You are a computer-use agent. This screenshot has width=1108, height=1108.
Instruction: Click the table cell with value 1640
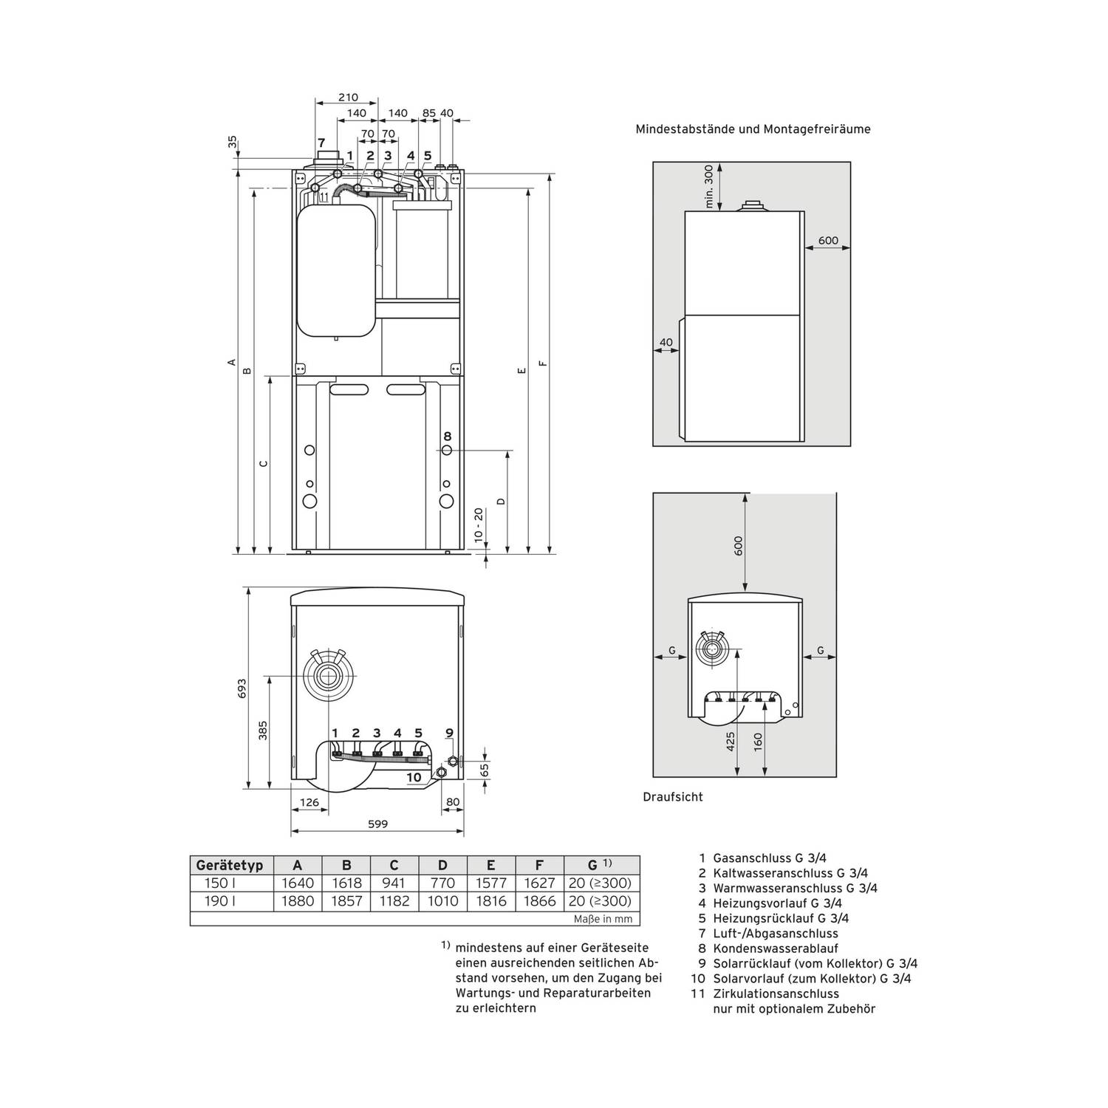tap(298, 883)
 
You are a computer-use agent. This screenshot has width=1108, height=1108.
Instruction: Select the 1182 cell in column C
tap(394, 901)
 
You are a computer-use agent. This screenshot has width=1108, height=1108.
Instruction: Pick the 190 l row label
tap(216, 901)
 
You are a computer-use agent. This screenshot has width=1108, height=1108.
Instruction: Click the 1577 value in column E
tap(491, 883)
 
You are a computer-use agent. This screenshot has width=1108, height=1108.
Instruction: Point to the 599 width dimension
tap(377, 824)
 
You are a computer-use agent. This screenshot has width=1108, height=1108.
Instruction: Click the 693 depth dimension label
tap(242, 688)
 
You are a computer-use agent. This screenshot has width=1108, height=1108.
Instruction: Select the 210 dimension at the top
tap(348, 97)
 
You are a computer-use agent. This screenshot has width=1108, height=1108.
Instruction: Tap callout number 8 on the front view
tap(448, 437)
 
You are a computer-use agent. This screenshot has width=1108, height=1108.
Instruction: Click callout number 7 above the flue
tap(321, 143)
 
